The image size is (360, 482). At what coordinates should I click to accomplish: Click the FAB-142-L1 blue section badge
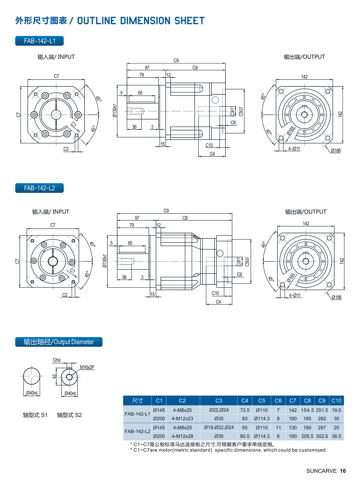39,41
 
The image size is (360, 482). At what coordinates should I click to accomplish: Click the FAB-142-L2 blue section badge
39,188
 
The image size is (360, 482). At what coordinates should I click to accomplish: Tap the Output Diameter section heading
59,342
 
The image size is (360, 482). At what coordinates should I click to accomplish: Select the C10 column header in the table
336,401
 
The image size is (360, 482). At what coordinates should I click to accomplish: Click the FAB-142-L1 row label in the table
137,414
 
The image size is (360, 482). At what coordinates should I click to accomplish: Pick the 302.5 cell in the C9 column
322,436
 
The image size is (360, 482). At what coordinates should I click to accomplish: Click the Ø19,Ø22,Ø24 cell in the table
219,428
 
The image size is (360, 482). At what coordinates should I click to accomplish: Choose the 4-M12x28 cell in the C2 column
182,436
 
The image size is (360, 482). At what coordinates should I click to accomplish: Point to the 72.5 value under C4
245,410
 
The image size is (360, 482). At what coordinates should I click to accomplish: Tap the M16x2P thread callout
87,367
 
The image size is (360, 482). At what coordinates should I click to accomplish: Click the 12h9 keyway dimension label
56,360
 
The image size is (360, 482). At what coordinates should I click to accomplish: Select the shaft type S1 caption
35,415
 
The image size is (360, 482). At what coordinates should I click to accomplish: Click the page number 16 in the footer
343,471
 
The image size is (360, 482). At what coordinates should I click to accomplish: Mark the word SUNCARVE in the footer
321,471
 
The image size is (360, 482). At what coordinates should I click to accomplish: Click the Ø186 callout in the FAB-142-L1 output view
336,151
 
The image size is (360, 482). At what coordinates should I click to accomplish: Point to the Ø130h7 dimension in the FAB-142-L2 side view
105,261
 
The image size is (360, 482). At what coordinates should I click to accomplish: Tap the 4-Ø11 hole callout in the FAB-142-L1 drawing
294,149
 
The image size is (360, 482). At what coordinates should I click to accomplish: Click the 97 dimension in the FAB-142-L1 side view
147,68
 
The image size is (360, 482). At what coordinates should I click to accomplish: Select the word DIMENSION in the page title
145,21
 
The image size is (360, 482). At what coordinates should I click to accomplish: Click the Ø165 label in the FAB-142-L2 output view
291,278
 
